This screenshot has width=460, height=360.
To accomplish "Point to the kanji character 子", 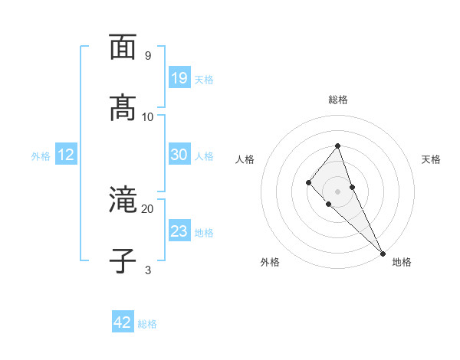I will (x=123, y=260).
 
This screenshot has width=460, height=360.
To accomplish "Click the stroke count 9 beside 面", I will (x=147, y=56).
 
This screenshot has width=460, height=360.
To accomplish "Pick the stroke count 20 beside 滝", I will (x=147, y=208).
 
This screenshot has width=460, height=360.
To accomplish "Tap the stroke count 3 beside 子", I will (x=147, y=270).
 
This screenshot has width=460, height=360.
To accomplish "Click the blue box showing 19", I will (x=179, y=78).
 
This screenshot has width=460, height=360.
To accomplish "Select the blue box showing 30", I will (x=179, y=155).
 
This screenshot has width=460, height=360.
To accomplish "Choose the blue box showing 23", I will (x=179, y=231).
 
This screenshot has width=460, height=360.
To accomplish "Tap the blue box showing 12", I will (x=66, y=155).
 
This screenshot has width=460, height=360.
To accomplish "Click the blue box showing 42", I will (x=123, y=322).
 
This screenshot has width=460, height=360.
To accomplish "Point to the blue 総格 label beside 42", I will (x=147, y=324).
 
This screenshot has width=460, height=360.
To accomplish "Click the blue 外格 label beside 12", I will (x=41, y=156).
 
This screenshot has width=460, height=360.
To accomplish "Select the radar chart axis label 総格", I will (x=338, y=100).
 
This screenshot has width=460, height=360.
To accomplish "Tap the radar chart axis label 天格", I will (x=431, y=159).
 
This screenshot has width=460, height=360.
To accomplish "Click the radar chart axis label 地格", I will (x=402, y=263).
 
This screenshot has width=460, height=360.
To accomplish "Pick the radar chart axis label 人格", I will (x=245, y=159).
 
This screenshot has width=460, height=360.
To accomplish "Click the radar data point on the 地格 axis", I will (x=383, y=253).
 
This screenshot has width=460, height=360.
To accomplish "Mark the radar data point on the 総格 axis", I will (x=337, y=146).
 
